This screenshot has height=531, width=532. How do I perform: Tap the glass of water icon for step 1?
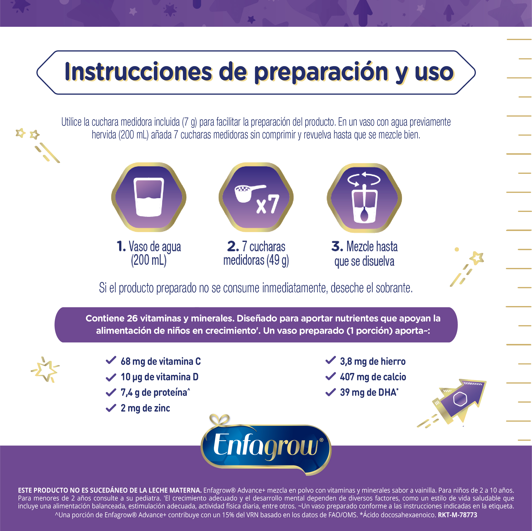point(149,197)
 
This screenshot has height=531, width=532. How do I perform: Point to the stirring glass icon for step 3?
point(364,198)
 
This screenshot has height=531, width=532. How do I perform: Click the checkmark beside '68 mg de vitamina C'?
point(111,360)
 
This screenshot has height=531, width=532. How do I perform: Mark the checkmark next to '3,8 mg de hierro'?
point(330,360)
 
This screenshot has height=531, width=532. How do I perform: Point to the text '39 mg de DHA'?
point(369,392)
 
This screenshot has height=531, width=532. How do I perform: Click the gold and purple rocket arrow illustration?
point(454,403)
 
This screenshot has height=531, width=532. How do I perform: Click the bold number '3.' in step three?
point(337,246)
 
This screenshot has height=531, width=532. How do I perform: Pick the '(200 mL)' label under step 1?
point(149,260)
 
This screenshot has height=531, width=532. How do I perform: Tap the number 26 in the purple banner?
point(132,318)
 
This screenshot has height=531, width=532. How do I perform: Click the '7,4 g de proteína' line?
point(155,392)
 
